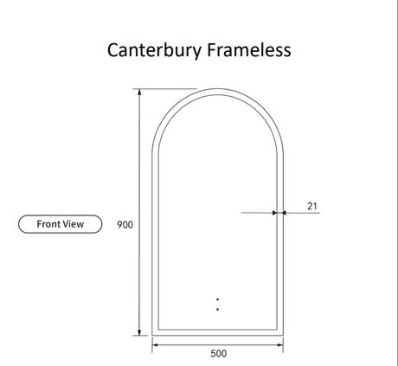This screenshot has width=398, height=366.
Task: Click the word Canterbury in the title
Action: [154, 50]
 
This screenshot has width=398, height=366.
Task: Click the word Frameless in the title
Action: [249, 50]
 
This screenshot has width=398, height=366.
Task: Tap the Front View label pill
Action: [61, 224]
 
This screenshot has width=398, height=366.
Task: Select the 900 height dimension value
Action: [125, 225]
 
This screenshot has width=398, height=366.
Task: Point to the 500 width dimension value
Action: [218, 353]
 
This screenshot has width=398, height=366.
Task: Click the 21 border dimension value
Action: [312, 206]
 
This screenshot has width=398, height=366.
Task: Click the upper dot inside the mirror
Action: [217, 299]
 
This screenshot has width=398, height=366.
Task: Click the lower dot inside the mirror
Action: [217, 309]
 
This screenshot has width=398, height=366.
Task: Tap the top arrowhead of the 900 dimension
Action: [139, 92]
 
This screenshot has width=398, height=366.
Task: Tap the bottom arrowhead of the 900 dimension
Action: [139, 332]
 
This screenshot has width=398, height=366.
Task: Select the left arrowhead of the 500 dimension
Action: [156, 344]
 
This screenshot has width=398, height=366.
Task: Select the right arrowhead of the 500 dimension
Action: [279, 344]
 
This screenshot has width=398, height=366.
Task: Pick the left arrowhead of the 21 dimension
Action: [274, 213]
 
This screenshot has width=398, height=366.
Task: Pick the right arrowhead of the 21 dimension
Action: [284, 213]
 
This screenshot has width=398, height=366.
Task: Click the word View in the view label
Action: [74, 224]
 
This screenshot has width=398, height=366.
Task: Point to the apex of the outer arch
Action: [217, 89]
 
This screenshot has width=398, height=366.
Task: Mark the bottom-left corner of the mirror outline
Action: [152, 336]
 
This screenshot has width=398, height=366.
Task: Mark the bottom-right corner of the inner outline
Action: [277, 330]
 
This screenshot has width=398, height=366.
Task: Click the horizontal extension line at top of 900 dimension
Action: [164, 89]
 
